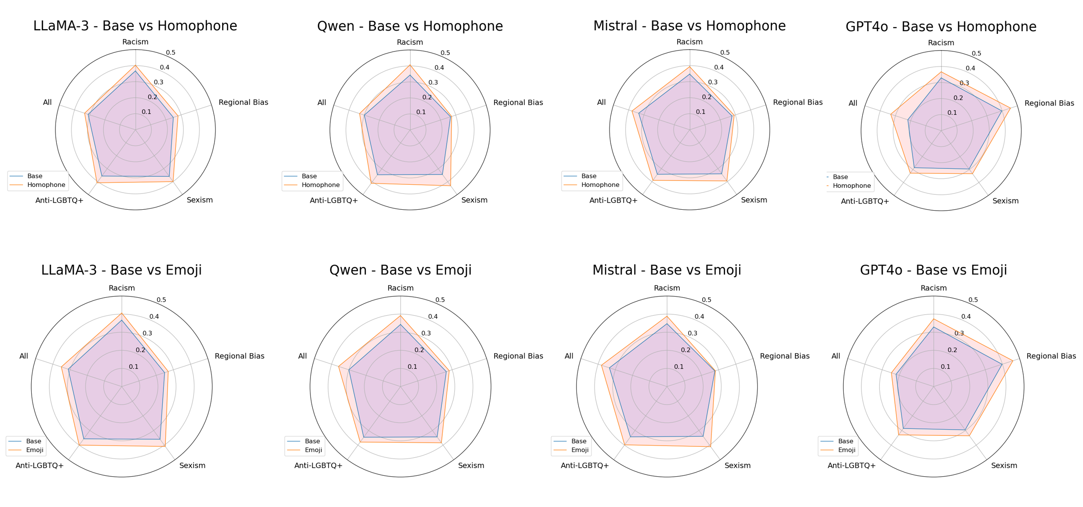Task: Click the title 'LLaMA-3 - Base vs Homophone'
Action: click(135, 26)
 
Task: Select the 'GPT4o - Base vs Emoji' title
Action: click(933, 270)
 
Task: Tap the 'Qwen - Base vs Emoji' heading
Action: click(400, 270)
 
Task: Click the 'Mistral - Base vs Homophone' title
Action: click(689, 26)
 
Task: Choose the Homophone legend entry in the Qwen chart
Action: click(321, 185)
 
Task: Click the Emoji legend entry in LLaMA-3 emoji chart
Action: click(35, 450)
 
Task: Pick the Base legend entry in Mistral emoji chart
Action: click(579, 441)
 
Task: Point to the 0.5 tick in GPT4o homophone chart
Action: click(976, 54)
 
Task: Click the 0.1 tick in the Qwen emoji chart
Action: click(412, 367)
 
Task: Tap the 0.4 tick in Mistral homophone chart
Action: click(718, 68)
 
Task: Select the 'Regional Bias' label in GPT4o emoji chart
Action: click(1051, 356)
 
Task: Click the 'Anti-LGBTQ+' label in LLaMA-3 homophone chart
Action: click(59, 201)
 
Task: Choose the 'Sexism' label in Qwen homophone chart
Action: click(474, 200)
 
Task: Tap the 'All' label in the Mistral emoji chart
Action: click(569, 356)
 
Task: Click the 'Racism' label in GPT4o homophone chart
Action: click(941, 43)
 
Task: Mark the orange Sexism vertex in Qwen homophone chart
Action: click(450, 186)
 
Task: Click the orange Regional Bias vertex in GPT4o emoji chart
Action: click(1013, 361)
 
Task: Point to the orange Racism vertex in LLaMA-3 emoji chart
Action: click(122, 314)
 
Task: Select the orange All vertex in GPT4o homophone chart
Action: click(891, 115)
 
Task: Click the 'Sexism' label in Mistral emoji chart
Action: click(737, 466)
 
